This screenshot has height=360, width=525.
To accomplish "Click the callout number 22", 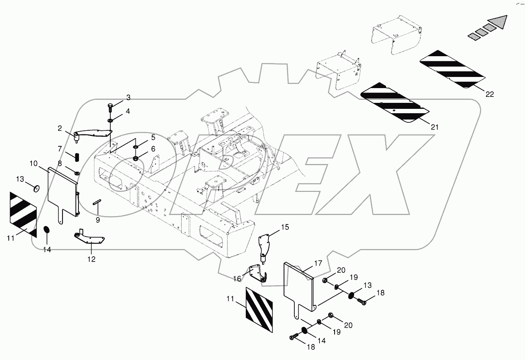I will [490, 94].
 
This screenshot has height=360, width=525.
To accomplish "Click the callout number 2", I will [60, 128].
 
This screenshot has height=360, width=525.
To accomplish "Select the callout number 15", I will [284, 227].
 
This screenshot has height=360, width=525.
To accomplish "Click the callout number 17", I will [317, 263].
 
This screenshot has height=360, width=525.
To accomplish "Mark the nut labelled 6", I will [135, 159].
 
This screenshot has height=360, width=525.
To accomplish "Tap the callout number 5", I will [141, 138].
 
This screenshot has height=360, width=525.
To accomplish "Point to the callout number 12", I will [91, 259].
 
